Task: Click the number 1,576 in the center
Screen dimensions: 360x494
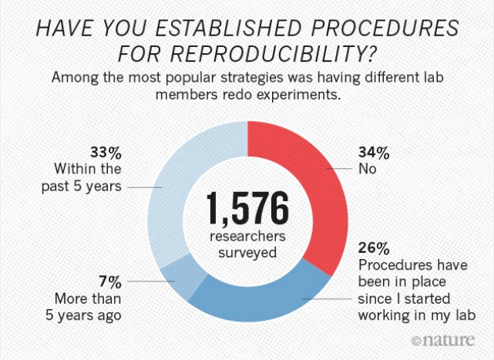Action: pyautogui.click(x=247, y=208)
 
